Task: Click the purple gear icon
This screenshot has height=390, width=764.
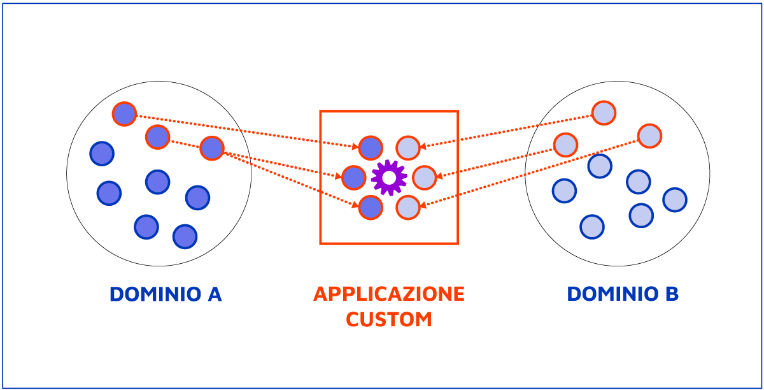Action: (x=389, y=178)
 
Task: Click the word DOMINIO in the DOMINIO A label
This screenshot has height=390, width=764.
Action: (x=150, y=294)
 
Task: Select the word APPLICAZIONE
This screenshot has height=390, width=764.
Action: (x=389, y=294)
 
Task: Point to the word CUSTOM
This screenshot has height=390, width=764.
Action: (x=389, y=319)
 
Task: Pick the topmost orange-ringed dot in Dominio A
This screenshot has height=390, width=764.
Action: (x=124, y=114)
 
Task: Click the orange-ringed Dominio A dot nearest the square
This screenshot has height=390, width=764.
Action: (x=212, y=148)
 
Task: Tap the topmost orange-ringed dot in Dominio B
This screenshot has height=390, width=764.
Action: (x=604, y=113)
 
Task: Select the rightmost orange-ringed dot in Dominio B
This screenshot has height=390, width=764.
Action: (x=649, y=136)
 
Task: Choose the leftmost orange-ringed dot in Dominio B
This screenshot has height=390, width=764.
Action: (x=565, y=145)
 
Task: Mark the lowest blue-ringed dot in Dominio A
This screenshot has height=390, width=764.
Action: (x=185, y=236)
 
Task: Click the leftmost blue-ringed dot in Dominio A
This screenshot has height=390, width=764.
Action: (x=102, y=154)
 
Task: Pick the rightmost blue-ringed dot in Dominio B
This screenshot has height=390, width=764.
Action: (x=675, y=200)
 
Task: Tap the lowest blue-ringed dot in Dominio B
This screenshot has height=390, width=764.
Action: (x=592, y=226)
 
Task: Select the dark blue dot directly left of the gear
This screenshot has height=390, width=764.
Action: (x=354, y=178)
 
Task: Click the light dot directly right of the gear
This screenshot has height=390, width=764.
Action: (x=425, y=178)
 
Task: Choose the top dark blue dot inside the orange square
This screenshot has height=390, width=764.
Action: (x=371, y=148)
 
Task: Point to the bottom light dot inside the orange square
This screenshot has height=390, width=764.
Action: (x=408, y=207)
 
